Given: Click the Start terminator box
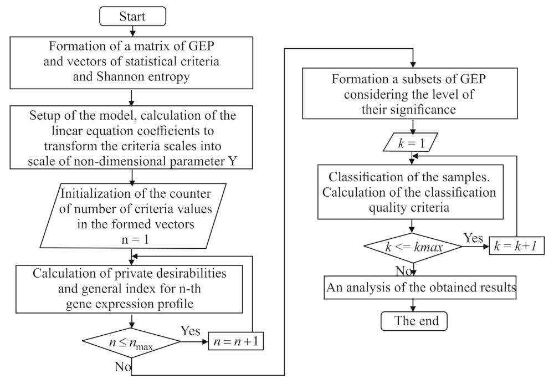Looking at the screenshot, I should point(132,16).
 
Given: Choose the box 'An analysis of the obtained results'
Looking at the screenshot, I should point(414,288).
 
